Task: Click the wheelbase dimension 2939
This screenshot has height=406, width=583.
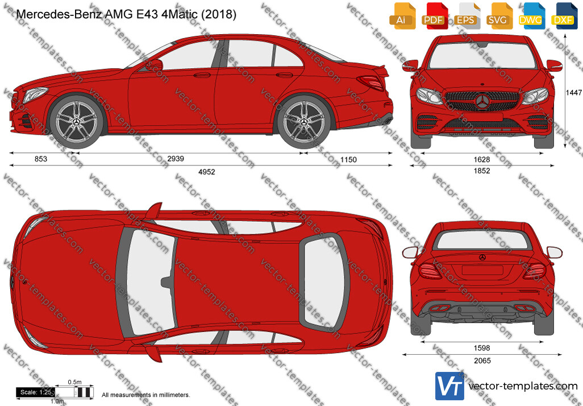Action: [176, 159]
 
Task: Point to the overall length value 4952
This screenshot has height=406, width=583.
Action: [207, 172]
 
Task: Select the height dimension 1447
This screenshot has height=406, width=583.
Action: [574, 93]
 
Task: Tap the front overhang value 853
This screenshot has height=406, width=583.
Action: [41, 159]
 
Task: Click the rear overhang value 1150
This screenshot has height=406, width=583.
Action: [348, 160]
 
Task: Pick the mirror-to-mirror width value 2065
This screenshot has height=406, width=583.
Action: [482, 361]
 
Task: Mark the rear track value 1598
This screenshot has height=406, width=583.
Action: [482, 348]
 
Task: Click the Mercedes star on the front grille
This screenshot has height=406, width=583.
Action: [482, 101]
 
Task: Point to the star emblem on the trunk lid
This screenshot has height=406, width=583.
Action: [482, 258]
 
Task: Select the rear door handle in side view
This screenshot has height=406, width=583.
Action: [285, 75]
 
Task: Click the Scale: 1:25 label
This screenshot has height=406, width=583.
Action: [36, 392]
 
